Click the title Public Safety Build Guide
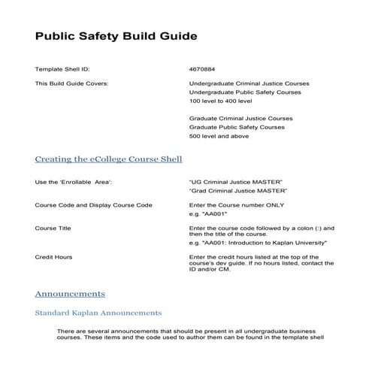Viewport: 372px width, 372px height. pyautogui.click(x=116, y=36)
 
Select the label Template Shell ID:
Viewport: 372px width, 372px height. pyautogui.click(x=62, y=68)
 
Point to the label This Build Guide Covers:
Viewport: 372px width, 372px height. pyautogui.click(x=71, y=83)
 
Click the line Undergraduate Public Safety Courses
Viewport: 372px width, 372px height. pyautogui.click(x=245, y=92)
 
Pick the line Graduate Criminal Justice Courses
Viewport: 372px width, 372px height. pyautogui.click(x=240, y=119)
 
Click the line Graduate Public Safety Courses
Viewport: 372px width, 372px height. pyautogui.click(x=237, y=128)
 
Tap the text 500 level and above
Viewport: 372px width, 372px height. pyautogui.click(x=219, y=137)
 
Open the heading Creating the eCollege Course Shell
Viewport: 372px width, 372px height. pyautogui.click(x=108, y=159)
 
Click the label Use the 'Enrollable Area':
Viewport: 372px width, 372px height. pyautogui.click(x=74, y=182)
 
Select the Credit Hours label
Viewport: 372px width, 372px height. pyautogui.click(x=53, y=257)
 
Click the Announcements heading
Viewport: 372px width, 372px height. pyautogui.click(x=70, y=293)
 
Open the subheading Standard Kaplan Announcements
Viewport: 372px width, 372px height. pyautogui.click(x=98, y=312)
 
